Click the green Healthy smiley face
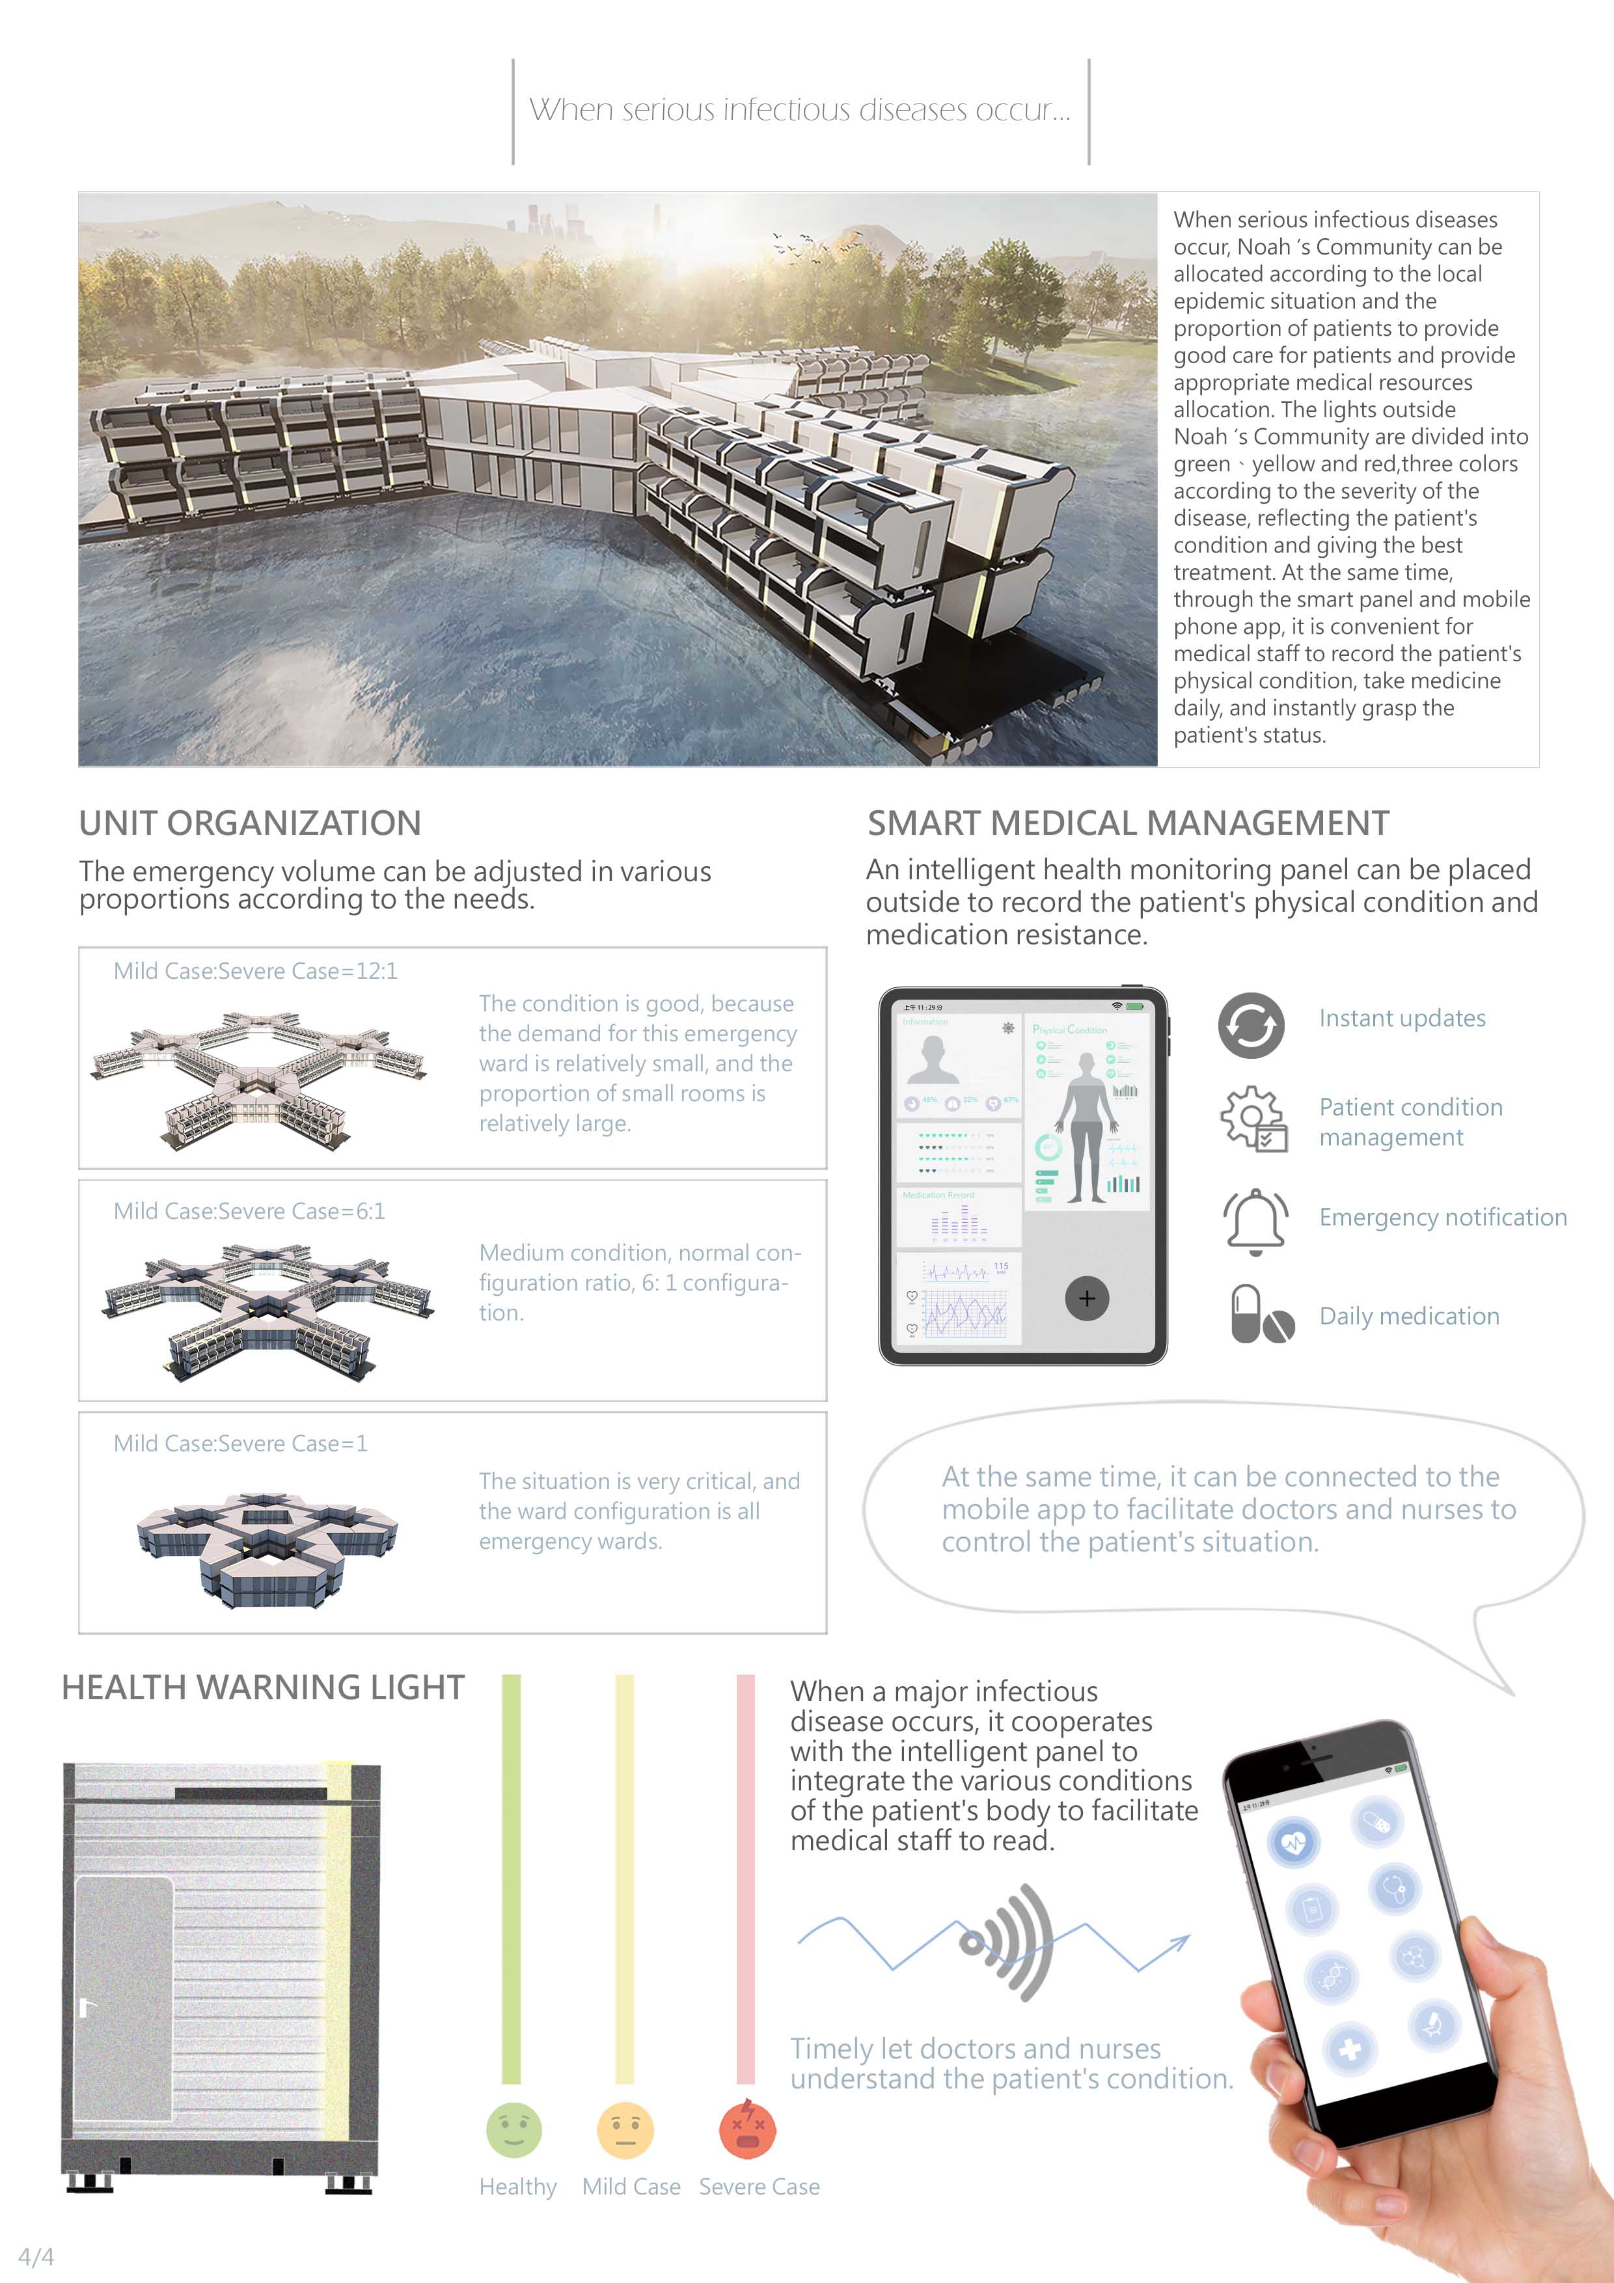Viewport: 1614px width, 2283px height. point(514,2130)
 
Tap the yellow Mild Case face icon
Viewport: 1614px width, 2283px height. point(625,2130)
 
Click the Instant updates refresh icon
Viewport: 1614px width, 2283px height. point(1251,1025)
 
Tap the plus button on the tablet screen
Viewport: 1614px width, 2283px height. point(1087,1298)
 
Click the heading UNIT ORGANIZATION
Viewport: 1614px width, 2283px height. point(250,823)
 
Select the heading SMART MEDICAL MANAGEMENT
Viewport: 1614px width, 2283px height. point(1128,823)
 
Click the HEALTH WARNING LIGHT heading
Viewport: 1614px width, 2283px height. point(262,1688)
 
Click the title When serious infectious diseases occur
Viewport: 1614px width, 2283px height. point(800,109)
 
